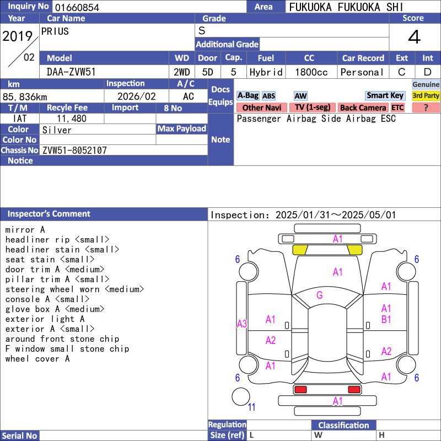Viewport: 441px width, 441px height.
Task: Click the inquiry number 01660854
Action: [x=77, y=7]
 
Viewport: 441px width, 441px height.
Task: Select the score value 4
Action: [x=415, y=37]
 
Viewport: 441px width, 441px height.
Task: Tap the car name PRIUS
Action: [x=55, y=31]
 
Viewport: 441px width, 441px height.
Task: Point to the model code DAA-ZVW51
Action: [x=71, y=72]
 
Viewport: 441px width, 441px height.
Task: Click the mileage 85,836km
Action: [x=25, y=97]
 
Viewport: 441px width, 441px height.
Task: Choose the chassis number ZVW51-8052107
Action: [x=74, y=150]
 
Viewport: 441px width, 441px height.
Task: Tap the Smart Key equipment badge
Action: [x=385, y=95]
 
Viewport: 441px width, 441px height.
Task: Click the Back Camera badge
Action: [x=363, y=107]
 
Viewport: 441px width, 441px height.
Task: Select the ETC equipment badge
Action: [x=397, y=107]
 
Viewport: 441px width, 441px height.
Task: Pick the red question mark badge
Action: [x=426, y=107]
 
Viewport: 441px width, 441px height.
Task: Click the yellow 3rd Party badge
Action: [x=426, y=95]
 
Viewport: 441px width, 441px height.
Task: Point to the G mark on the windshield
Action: [x=320, y=295]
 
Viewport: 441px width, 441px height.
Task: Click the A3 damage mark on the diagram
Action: [x=242, y=324]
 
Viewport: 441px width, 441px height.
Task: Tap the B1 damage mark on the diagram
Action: [x=386, y=320]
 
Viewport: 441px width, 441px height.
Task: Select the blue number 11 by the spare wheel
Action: [x=251, y=407]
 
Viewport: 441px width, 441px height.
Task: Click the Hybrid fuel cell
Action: [x=266, y=72]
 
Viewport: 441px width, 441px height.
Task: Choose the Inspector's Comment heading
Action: [x=49, y=214]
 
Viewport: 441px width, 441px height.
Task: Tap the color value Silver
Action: [x=57, y=130]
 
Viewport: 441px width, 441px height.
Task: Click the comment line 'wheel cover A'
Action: [x=37, y=359]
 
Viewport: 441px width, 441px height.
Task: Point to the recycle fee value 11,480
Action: [x=72, y=119]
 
